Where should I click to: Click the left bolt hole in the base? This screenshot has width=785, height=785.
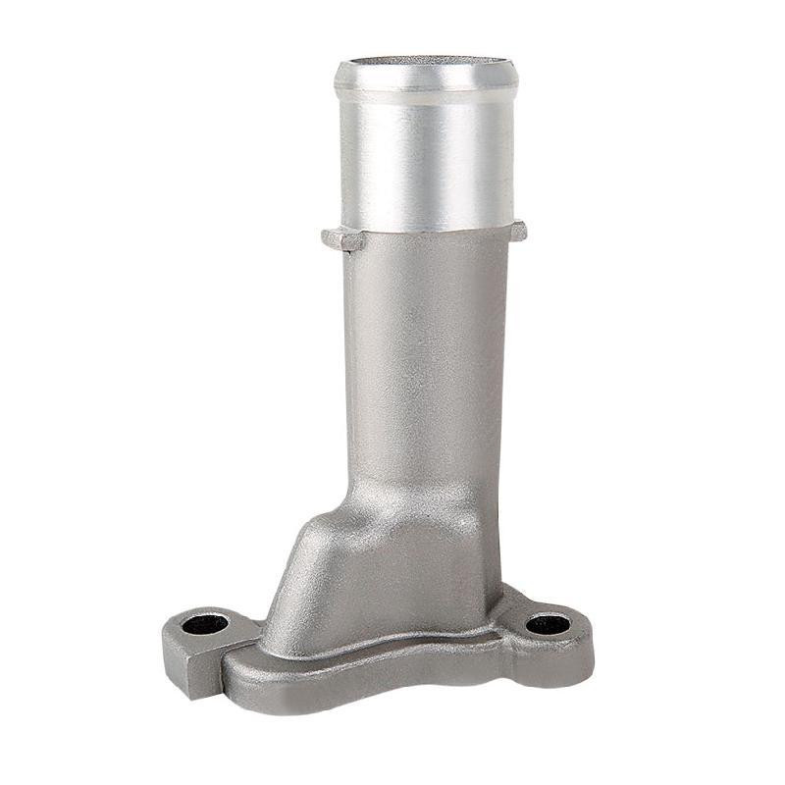click(206, 624)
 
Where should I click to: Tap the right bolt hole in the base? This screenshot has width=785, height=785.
click(548, 623)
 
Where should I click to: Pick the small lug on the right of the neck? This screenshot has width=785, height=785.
click(517, 231)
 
